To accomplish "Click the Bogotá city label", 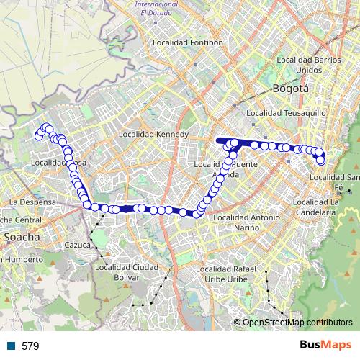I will click(290, 89).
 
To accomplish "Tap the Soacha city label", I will click(22, 236).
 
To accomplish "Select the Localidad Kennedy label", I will click(153, 135).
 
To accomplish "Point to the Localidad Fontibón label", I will click(187, 43).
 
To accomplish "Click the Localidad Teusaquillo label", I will click(280, 114).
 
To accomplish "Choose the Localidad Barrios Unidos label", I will click(308, 65).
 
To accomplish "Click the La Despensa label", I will click(33, 202).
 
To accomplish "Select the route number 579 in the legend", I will click(31, 346).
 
